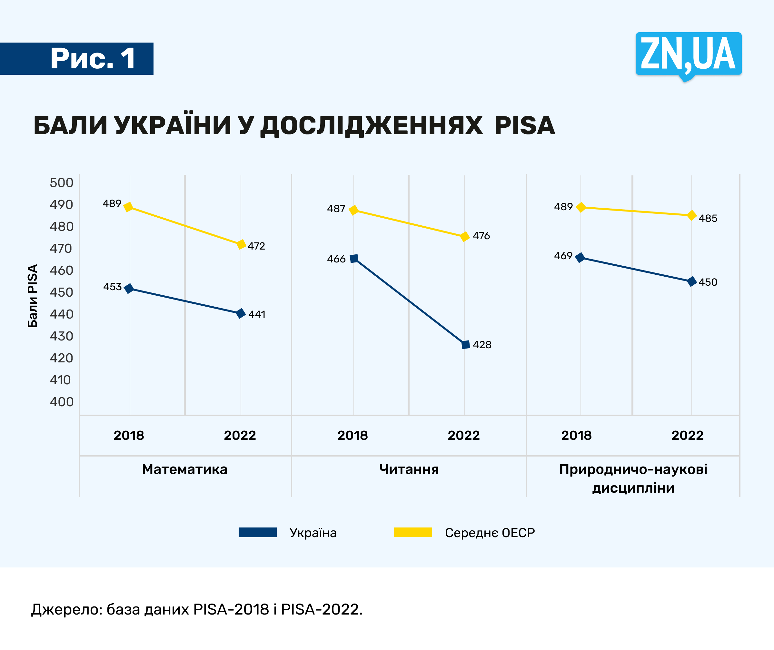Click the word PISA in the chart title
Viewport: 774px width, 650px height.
[x=524, y=126]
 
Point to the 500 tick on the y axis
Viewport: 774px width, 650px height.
[x=62, y=183]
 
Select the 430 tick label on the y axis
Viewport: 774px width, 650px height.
[x=62, y=336]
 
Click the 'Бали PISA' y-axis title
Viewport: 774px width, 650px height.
[x=33, y=296]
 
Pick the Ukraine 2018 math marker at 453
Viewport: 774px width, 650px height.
[x=129, y=289]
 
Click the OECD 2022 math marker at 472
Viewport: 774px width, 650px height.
[x=241, y=244]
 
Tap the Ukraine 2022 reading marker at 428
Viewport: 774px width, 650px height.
[x=465, y=345]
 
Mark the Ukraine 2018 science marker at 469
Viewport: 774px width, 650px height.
[x=580, y=258]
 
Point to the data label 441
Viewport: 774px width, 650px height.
[x=257, y=314]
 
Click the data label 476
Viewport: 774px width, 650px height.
[x=481, y=236]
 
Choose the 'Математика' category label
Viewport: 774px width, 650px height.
[x=185, y=469]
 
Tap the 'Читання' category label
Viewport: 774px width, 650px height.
[x=409, y=469]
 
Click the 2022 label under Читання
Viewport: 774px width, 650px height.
[x=464, y=436]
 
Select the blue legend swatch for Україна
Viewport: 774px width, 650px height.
[x=257, y=532]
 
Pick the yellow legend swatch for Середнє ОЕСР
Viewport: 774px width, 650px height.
[x=413, y=532]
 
